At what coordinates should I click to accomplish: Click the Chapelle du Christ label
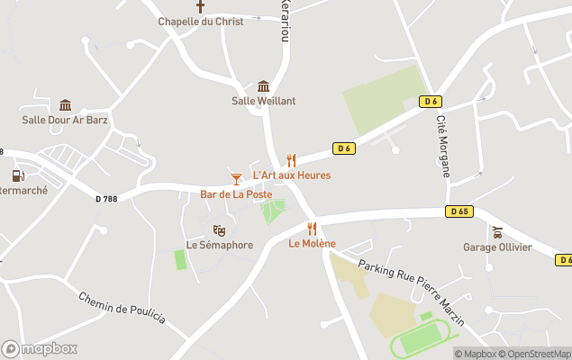point(201,22)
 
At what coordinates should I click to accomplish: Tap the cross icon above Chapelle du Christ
point(201,6)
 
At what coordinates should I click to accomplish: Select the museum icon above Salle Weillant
point(263,86)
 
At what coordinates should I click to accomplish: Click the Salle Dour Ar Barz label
point(65,120)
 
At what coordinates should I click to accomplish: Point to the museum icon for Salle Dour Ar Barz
point(65,105)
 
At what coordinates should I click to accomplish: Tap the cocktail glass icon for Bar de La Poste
point(236,179)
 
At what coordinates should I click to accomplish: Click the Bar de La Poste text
point(236,194)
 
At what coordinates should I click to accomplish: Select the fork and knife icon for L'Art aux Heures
point(291,160)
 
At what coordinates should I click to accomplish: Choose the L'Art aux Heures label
point(291,175)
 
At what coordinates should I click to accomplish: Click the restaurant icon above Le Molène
point(312,229)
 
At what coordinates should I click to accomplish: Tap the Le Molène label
point(312,244)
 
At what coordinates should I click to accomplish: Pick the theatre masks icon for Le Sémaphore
point(219,230)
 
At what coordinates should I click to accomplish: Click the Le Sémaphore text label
point(219,245)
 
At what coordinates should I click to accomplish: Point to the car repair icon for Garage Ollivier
point(497,232)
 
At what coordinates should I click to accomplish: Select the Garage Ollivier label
point(497,247)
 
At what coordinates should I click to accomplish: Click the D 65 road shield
point(459,211)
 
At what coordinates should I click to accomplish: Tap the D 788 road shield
point(106,200)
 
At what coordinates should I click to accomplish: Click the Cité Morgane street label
point(444,146)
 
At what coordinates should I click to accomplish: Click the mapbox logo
point(40,348)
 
